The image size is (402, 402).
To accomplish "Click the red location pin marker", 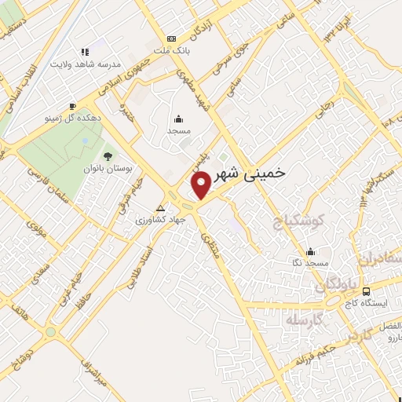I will (201, 184).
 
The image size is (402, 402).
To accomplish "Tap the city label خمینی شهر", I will (250, 171).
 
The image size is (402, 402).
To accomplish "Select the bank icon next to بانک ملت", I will (172, 38).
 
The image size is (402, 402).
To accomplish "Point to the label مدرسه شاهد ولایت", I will (84, 64).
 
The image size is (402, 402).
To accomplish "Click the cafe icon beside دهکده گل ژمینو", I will (72, 105).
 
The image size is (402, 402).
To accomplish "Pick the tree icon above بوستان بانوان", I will (108, 156).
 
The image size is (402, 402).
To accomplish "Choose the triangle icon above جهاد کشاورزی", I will (161, 209).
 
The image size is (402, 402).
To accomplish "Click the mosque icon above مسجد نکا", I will (312, 252).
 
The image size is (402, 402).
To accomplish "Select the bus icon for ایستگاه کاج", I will (367, 292).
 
